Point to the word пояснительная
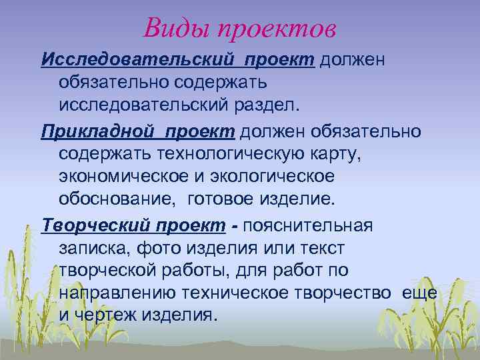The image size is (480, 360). click(308, 225)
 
